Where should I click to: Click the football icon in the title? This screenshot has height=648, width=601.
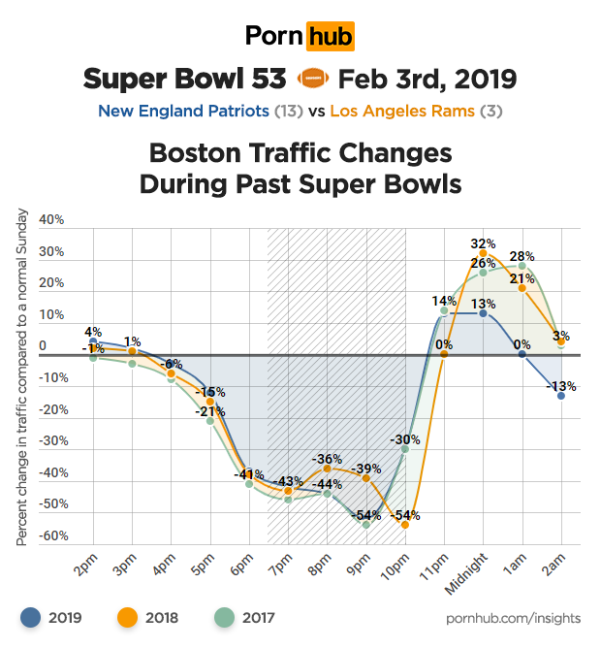[x=313, y=78]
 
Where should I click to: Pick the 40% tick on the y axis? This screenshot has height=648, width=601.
[x=51, y=220]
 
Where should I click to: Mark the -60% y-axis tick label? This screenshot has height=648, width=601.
[x=51, y=535]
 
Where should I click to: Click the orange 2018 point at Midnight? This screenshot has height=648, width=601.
[x=483, y=253]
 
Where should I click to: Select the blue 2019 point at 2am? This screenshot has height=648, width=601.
[x=561, y=396]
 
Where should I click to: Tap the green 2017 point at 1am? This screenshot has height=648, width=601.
[x=522, y=266]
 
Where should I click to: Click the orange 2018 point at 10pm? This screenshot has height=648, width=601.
[x=405, y=525]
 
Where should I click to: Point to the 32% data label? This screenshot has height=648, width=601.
[x=483, y=243]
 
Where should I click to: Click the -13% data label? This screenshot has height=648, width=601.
[x=561, y=385]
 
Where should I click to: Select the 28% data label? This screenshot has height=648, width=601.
[x=522, y=255]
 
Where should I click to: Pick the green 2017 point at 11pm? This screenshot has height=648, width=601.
[x=444, y=311]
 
